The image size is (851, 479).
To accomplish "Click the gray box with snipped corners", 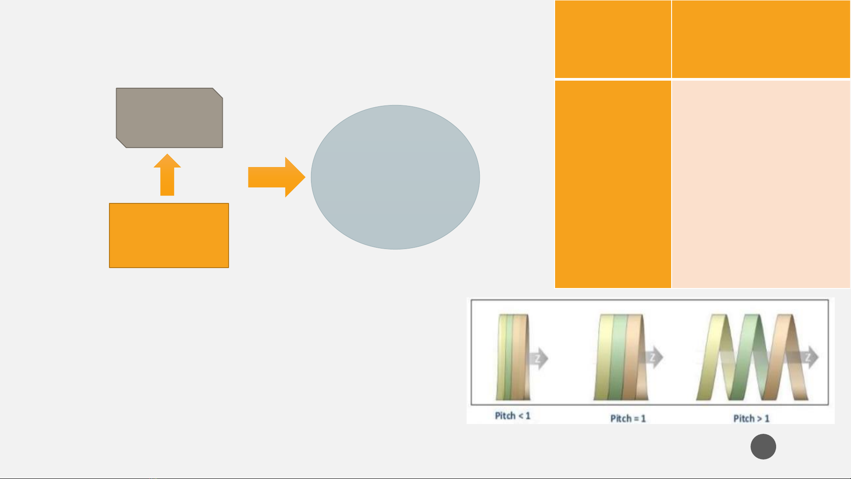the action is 169,118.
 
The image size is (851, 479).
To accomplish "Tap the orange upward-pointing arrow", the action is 167,175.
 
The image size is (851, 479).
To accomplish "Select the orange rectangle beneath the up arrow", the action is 169,235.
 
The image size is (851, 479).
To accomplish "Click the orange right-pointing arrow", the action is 276,177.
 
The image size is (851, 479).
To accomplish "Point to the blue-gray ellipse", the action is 395,177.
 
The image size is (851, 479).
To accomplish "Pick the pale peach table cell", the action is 761,184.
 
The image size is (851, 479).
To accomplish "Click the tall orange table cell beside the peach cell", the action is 613,184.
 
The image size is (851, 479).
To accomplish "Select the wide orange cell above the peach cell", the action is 761,39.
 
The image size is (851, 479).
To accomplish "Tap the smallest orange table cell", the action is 613,39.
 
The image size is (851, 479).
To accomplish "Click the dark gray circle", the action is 763,447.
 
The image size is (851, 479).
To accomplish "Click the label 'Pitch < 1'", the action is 513,416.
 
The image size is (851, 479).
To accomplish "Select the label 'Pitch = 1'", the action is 628,418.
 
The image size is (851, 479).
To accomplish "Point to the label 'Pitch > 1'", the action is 751,418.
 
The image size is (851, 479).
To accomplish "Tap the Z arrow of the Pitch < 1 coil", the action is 538,358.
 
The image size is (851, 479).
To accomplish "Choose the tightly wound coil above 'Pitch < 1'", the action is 513,357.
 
